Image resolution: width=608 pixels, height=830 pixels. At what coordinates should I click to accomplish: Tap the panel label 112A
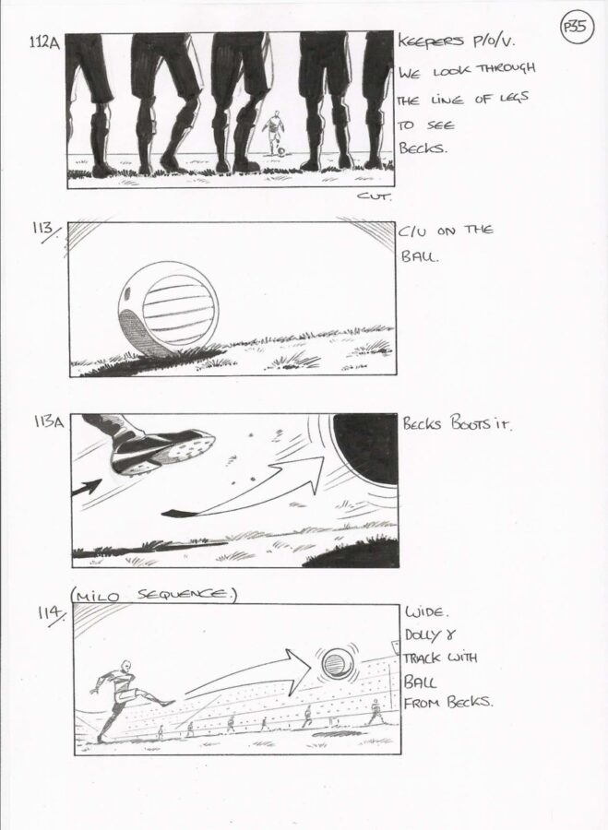tap(44, 42)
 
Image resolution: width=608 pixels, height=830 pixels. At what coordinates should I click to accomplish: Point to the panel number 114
tap(51, 616)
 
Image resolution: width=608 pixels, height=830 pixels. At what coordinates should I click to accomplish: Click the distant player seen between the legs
tap(274, 133)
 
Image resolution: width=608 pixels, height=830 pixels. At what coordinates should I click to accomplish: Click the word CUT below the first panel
tap(375, 197)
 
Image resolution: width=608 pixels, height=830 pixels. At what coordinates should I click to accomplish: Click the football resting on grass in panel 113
tap(169, 309)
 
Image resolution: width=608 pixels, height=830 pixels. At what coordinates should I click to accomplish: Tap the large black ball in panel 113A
tap(366, 449)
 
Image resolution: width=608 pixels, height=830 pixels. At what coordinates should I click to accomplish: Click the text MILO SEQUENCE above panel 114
tap(153, 596)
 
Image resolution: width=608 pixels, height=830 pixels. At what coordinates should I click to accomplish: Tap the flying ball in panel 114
tap(335, 663)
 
